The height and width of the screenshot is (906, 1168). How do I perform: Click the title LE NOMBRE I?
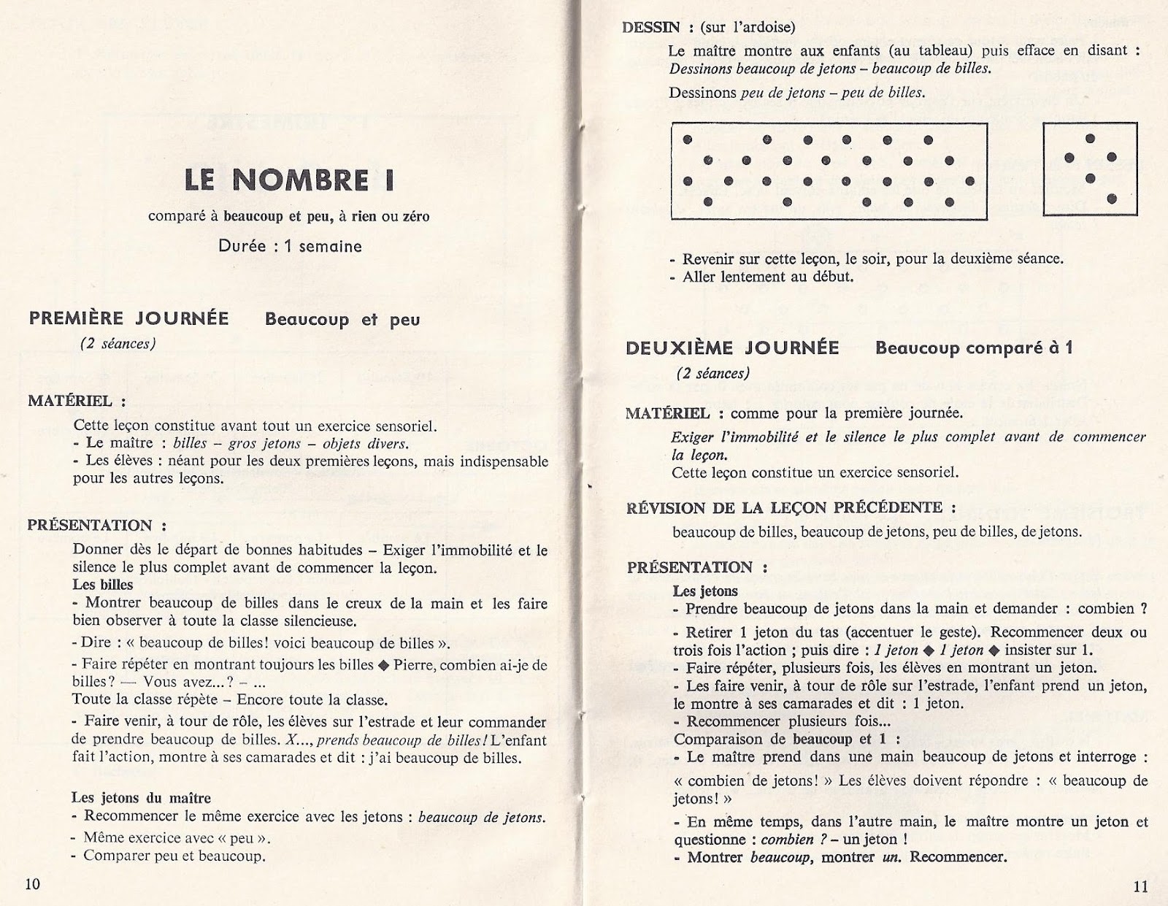289,180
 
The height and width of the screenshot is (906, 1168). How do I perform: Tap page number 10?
33,884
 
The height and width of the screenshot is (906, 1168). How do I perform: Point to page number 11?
1141,887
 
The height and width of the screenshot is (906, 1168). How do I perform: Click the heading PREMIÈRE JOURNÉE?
129,319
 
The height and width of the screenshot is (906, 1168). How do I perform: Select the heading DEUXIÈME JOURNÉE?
732,348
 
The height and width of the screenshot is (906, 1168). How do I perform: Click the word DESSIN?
651,28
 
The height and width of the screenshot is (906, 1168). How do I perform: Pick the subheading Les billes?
102,585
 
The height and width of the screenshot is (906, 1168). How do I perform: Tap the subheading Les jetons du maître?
141,798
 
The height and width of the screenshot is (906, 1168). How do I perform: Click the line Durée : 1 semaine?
290,246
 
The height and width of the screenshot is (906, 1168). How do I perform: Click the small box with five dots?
1090,169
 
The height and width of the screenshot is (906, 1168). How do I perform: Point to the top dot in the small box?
1091,137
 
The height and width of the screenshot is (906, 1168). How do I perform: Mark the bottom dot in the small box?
1112,199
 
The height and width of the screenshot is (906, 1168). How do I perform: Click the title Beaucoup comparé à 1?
974,348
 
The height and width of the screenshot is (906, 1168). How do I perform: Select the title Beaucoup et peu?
342,320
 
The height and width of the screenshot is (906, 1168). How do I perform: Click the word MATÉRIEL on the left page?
70,401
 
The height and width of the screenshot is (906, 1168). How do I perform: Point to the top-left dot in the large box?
687,139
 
